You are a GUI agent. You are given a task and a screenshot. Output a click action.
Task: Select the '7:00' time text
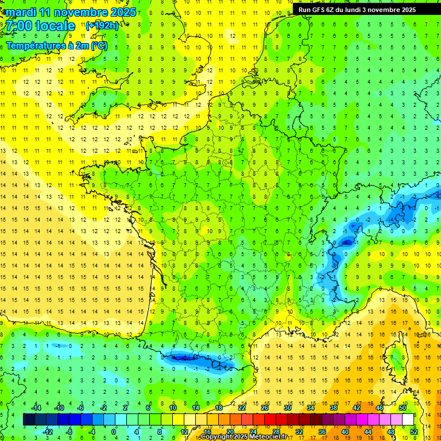click(19, 26)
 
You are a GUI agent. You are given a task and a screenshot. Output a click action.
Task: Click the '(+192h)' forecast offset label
click(102, 25)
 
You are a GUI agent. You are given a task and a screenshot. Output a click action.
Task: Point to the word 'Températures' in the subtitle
click(34, 45)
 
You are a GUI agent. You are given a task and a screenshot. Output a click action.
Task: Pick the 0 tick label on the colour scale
click(114, 432)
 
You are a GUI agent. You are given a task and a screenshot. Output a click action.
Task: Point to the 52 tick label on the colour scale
click(414, 432)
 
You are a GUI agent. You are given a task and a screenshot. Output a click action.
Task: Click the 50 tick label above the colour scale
click(403, 408)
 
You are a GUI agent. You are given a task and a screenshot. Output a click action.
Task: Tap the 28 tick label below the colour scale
click(276, 432)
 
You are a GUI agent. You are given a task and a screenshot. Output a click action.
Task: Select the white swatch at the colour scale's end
click(408, 420)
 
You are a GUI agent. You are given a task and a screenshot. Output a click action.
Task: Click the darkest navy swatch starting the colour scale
click(29, 420)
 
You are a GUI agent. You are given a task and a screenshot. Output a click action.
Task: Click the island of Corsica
click(396, 359)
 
